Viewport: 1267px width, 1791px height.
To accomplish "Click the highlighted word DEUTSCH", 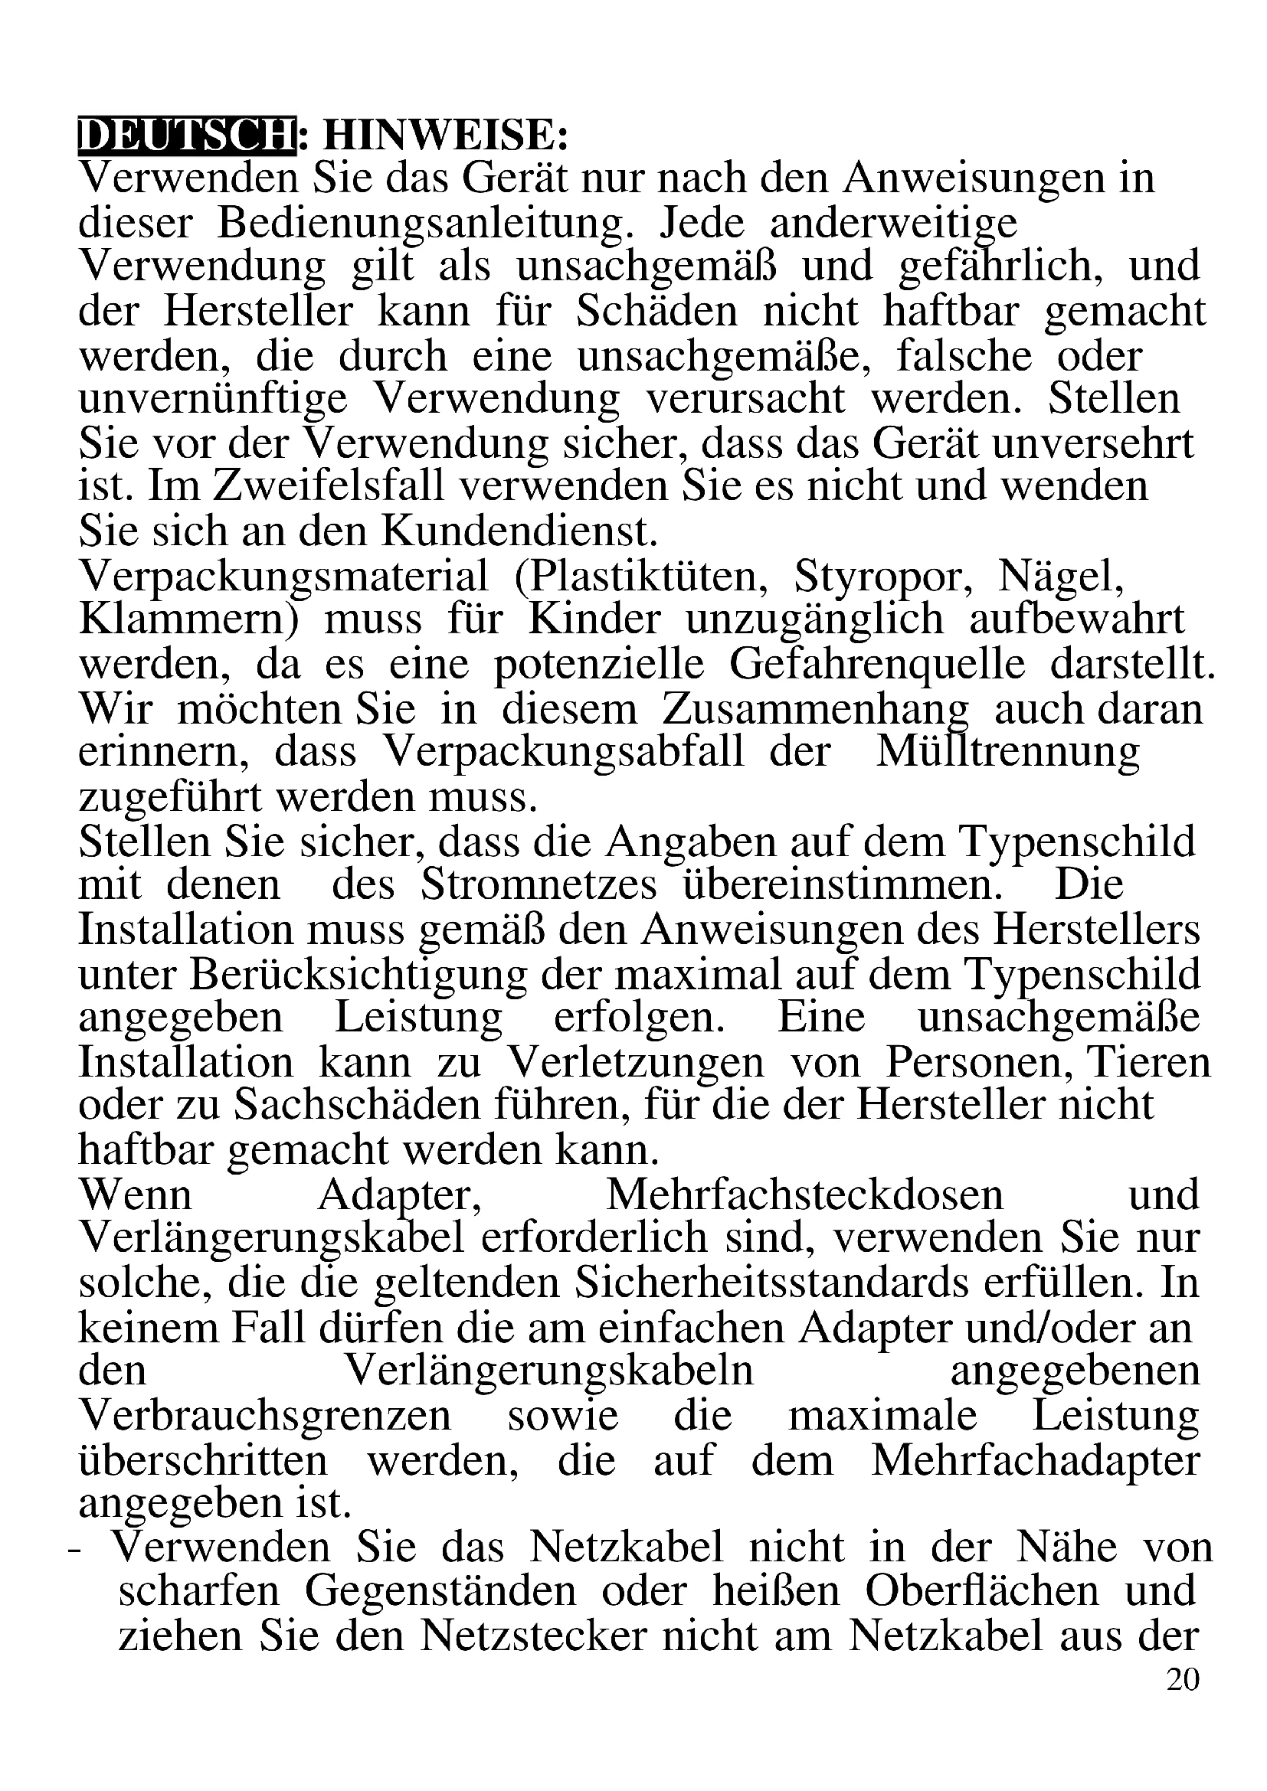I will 187,136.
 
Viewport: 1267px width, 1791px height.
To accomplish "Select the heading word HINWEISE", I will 445,136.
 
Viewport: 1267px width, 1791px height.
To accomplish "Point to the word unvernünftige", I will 212,400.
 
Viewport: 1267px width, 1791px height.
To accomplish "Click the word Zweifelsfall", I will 328,487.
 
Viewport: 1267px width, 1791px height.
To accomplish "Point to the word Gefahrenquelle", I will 877,665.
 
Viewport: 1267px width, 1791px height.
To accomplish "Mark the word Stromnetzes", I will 539,885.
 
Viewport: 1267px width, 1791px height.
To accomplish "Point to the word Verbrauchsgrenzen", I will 265,1416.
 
